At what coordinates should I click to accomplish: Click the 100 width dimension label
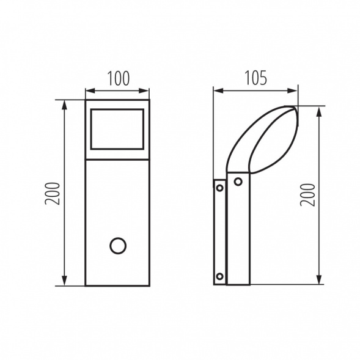tap(119, 78)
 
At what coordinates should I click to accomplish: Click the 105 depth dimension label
tap(255, 78)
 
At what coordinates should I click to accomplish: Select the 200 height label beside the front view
tap(52, 193)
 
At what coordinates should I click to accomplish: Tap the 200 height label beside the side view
tap(308, 195)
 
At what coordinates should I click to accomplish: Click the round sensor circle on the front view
tap(118, 246)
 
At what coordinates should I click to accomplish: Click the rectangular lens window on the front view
tap(117, 129)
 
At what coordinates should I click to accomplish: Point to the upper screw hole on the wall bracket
tap(220, 188)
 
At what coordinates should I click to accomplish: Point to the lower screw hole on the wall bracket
tap(220, 276)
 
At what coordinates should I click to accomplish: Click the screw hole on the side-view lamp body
tap(238, 182)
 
